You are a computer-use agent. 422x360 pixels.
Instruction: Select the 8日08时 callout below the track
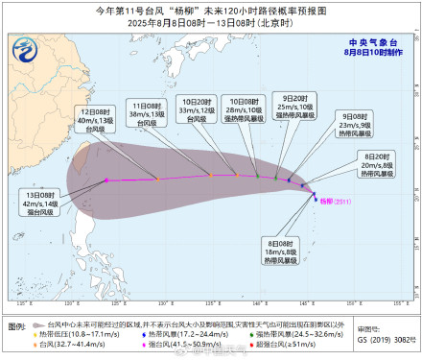point(279,252)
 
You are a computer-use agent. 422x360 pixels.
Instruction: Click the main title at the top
point(211,9)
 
